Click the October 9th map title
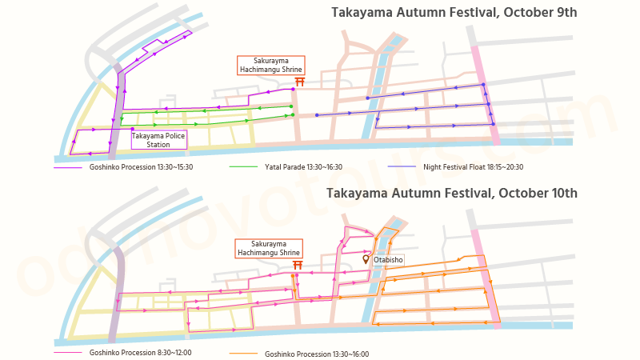[454, 13]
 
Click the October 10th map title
[451, 193]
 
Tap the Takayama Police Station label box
[158, 140]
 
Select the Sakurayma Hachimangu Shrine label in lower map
[269, 248]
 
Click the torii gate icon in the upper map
[301, 82]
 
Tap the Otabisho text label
[388, 260]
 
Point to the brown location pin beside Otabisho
[366, 259]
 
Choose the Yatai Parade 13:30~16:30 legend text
[303, 167]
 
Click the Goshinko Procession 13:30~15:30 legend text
[141, 167]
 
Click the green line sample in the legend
[242, 167]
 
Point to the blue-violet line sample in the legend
[402, 167]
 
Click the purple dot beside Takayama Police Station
[132, 129]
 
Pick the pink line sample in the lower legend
[68, 352]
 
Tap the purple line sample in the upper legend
[68, 167]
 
